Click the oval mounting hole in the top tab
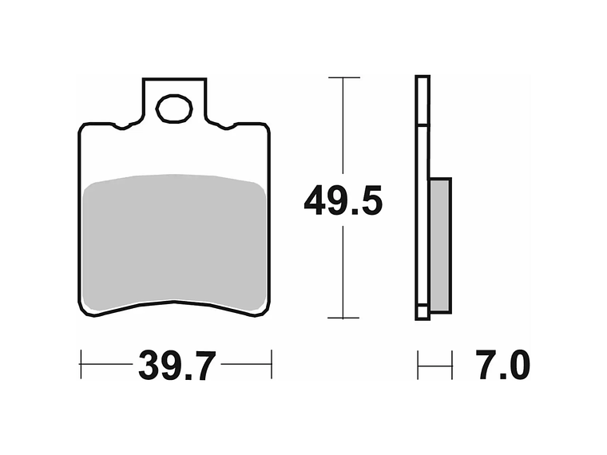click(x=175, y=109)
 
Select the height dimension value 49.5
click(x=343, y=202)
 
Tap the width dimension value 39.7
click(x=177, y=366)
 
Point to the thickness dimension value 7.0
click(x=502, y=366)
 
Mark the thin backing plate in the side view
click(x=423, y=200)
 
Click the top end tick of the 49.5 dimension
click(x=343, y=78)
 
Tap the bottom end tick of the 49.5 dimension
click(x=343, y=318)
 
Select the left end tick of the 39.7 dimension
click(x=81, y=364)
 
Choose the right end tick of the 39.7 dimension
click(x=272, y=364)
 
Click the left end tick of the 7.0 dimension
click(x=418, y=364)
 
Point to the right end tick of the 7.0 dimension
click(x=452, y=364)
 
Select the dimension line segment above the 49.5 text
click(x=343, y=128)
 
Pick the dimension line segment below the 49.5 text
click(x=343, y=271)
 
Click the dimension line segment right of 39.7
click(x=246, y=364)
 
